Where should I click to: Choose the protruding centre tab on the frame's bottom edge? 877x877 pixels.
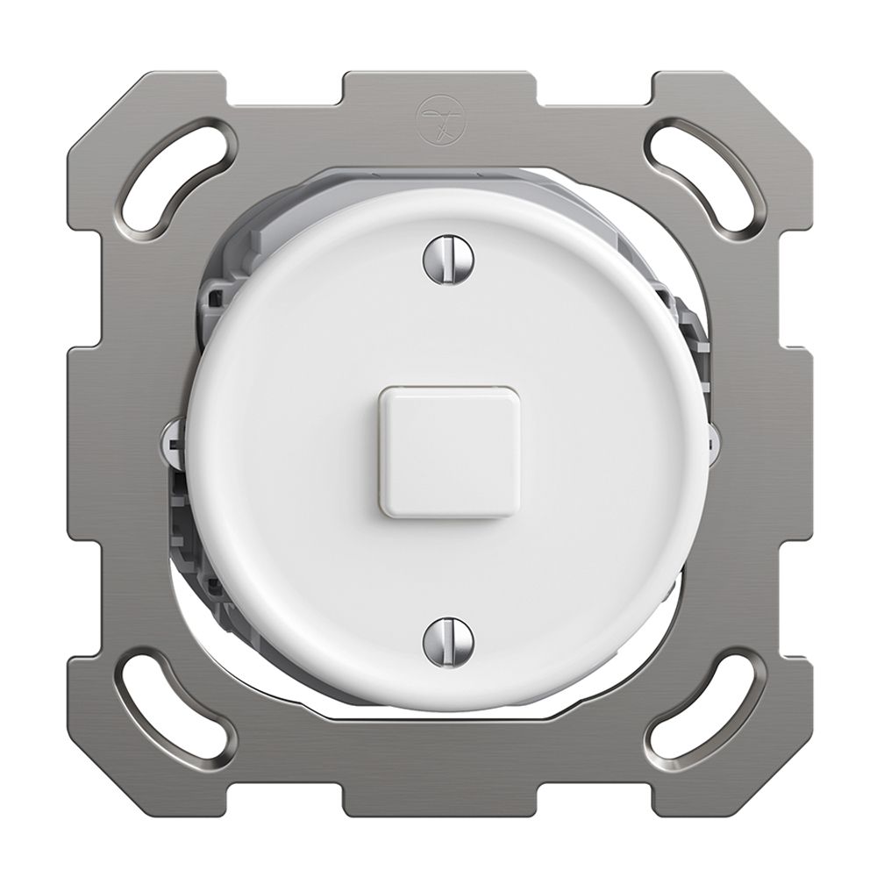pos(438,794)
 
